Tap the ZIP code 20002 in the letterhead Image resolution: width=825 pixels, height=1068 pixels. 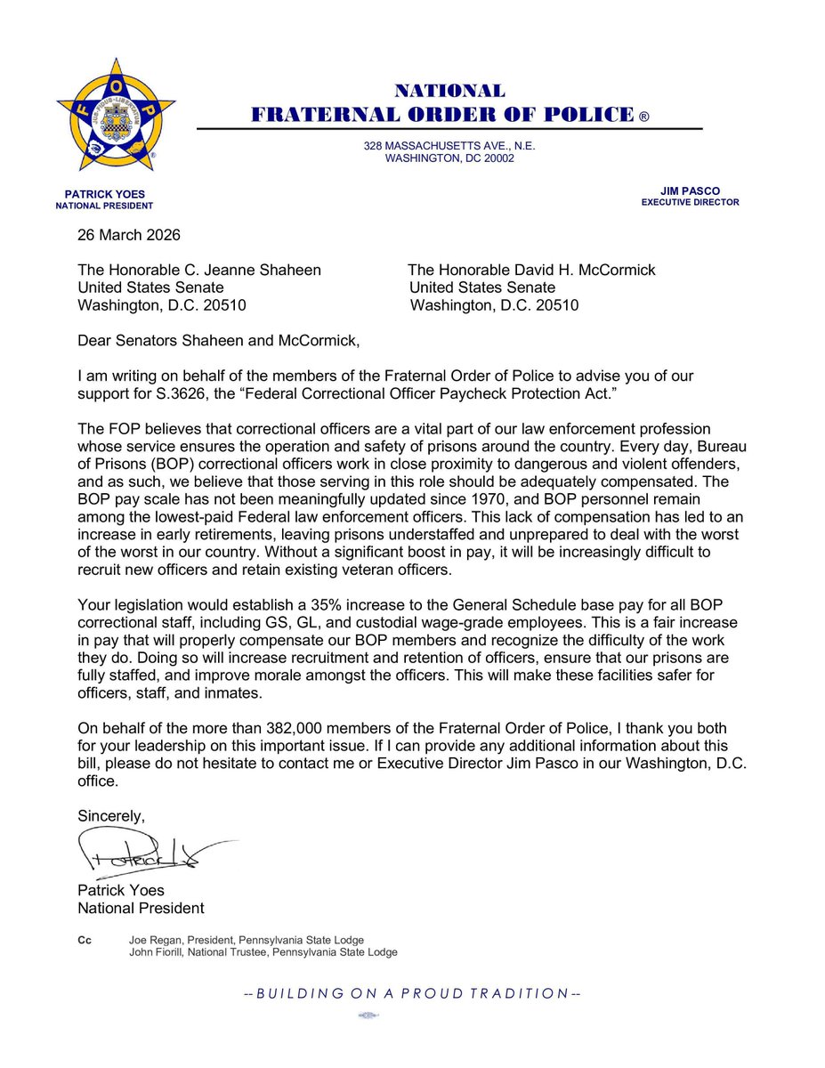(494, 159)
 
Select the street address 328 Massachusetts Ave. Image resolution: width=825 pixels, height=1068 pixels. (449, 146)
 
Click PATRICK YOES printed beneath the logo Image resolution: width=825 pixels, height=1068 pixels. (104, 193)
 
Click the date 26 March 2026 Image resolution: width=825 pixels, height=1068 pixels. (129, 236)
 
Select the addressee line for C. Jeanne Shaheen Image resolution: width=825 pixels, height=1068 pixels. (199, 270)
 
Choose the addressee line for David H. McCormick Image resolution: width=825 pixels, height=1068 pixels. (531, 270)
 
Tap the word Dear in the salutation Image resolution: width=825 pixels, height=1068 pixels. (95, 339)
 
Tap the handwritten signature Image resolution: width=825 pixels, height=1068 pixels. (147, 854)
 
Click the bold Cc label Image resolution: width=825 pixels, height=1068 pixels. (85, 940)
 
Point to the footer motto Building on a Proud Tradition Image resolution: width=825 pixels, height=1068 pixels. (412, 993)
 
